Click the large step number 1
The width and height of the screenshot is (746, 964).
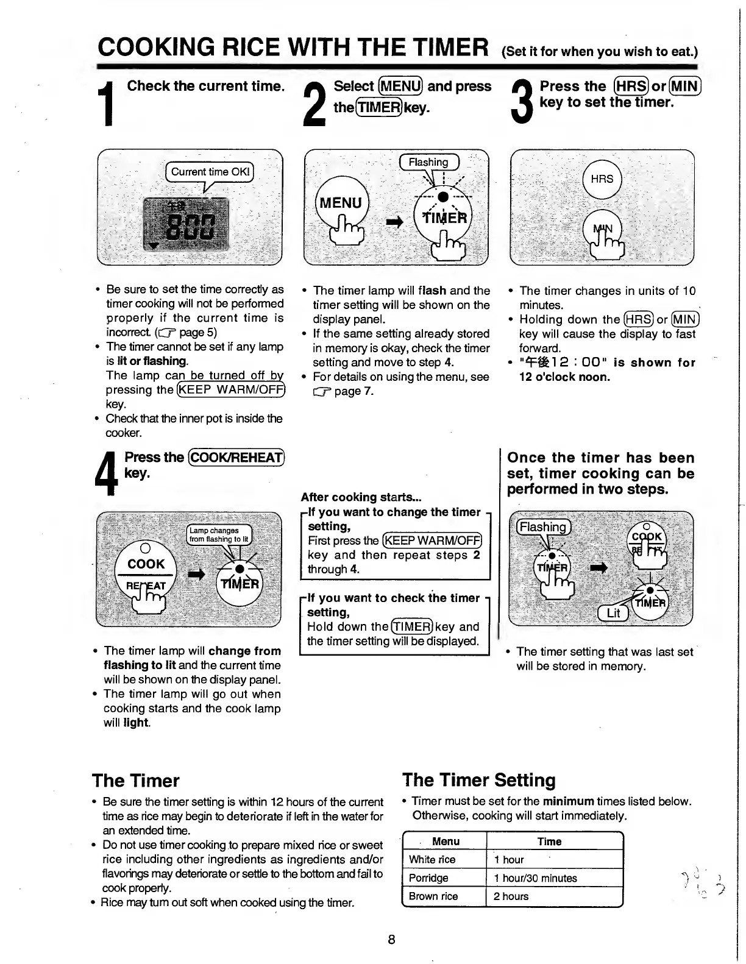(108, 104)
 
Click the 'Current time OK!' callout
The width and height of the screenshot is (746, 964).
(210, 172)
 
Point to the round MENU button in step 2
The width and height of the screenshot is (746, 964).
(341, 203)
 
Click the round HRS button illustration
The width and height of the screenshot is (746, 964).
(602, 179)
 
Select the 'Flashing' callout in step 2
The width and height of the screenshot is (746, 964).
(428, 162)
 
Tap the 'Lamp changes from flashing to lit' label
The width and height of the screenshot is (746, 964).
(218, 534)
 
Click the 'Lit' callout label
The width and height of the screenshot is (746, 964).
(613, 613)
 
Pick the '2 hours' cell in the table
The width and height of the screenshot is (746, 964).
(511, 896)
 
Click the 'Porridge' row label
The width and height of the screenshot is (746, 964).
(428, 877)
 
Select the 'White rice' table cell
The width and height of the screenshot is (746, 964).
(432, 859)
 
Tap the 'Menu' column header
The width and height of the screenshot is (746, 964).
(446, 841)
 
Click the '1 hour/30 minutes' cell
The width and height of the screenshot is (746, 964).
(535, 877)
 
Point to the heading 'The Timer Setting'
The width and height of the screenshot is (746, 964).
(478, 780)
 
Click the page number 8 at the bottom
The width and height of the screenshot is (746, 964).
(391, 939)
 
